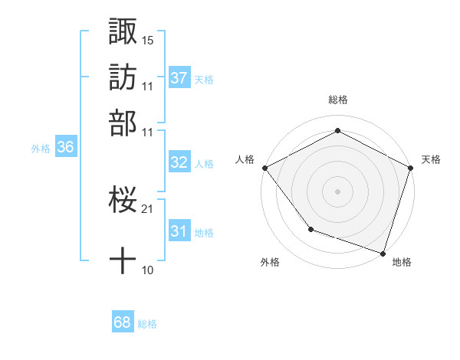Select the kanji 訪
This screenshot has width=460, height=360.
coord(123,77)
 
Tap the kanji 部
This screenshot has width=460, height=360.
coord(123,123)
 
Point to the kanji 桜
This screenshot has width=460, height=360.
coord(123,201)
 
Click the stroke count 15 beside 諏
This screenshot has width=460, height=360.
coord(148,39)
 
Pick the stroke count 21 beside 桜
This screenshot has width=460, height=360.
coord(148,208)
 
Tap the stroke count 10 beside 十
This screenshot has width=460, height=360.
coord(148,270)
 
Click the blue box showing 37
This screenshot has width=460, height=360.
coord(179,78)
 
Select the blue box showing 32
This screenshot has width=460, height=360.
coord(179,162)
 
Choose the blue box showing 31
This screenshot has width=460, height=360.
coord(179,231)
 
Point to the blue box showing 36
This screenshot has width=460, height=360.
coord(65,148)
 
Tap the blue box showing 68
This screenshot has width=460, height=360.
coord(123,322)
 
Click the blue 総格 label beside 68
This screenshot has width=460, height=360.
coord(147,323)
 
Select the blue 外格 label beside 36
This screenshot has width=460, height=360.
coord(41,149)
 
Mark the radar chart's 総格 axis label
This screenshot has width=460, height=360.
coord(337,100)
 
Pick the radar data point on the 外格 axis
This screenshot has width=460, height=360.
coord(310,229)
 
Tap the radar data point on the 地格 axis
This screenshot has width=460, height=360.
coord(383,252)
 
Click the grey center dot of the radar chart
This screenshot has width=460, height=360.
coord(337,191)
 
